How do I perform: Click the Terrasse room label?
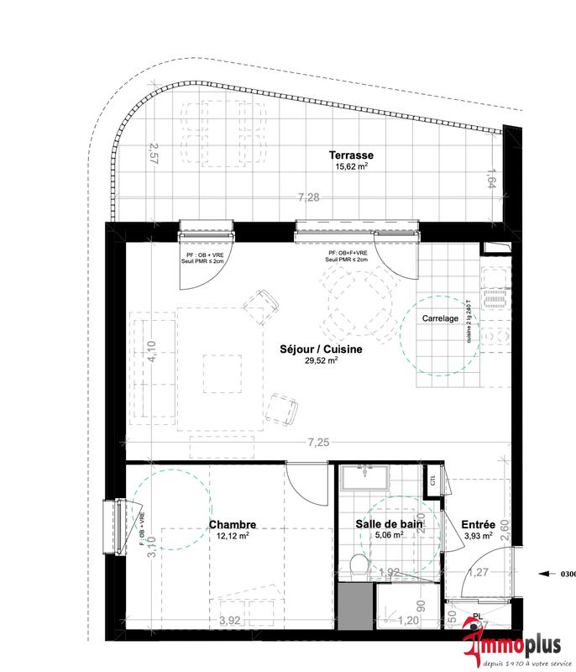pos(351,155)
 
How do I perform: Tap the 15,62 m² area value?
pos(351,166)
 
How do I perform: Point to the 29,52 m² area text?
pos(322,360)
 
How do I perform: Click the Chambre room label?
pos(233,523)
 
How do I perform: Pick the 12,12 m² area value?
pos(233,535)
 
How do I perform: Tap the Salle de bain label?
pos(388,523)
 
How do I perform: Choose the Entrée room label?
pos(478,523)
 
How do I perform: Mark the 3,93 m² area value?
pos(478,535)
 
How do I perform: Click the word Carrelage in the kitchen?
pos(440,318)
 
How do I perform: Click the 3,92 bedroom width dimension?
pos(229,620)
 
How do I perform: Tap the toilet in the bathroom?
pos(358,566)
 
